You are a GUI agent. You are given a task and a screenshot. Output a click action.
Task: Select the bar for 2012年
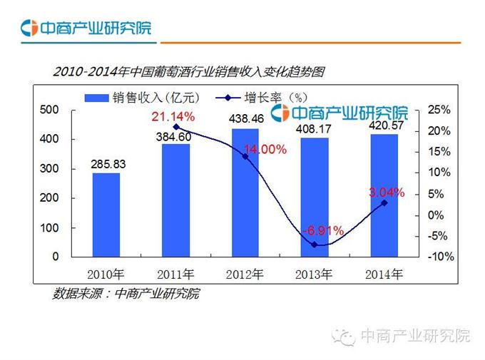[x=245, y=192]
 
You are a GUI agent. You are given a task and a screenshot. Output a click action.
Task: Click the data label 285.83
[x=108, y=165]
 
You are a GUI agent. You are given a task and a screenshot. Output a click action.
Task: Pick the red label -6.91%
[x=323, y=231]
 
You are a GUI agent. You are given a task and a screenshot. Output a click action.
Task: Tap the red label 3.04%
[x=387, y=192]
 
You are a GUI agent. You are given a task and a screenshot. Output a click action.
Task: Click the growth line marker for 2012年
[x=245, y=156]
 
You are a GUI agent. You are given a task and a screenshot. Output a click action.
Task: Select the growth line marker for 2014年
[x=384, y=202]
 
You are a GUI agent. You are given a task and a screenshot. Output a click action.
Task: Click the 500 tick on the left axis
[x=49, y=110]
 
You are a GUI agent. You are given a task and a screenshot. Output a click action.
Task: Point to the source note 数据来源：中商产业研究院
[x=126, y=293]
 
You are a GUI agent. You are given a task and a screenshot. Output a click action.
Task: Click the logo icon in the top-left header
[x=29, y=29]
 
